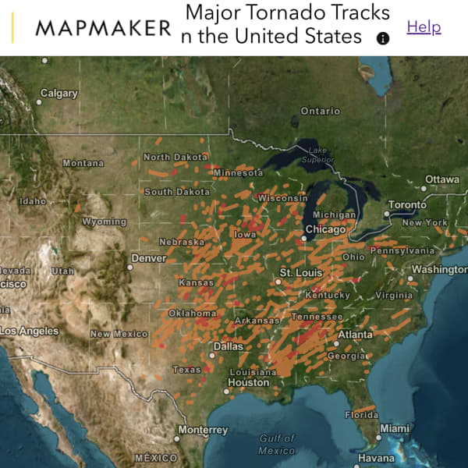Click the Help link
[x=424, y=27]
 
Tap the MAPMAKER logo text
[x=103, y=29]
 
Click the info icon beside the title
[x=383, y=38]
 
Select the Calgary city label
[x=59, y=94]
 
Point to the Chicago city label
[x=325, y=230]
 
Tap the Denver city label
[x=148, y=258]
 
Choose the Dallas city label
[x=229, y=346]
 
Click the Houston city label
[x=248, y=383]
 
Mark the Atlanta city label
[x=355, y=335]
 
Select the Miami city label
[x=395, y=428]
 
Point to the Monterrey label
[x=203, y=430]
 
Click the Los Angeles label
[x=28, y=331]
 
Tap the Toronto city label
[x=407, y=205]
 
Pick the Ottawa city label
[x=441, y=179]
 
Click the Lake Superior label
[x=317, y=154]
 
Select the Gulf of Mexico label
[x=277, y=445]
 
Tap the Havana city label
[x=376, y=459]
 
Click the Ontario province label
[x=321, y=112]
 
